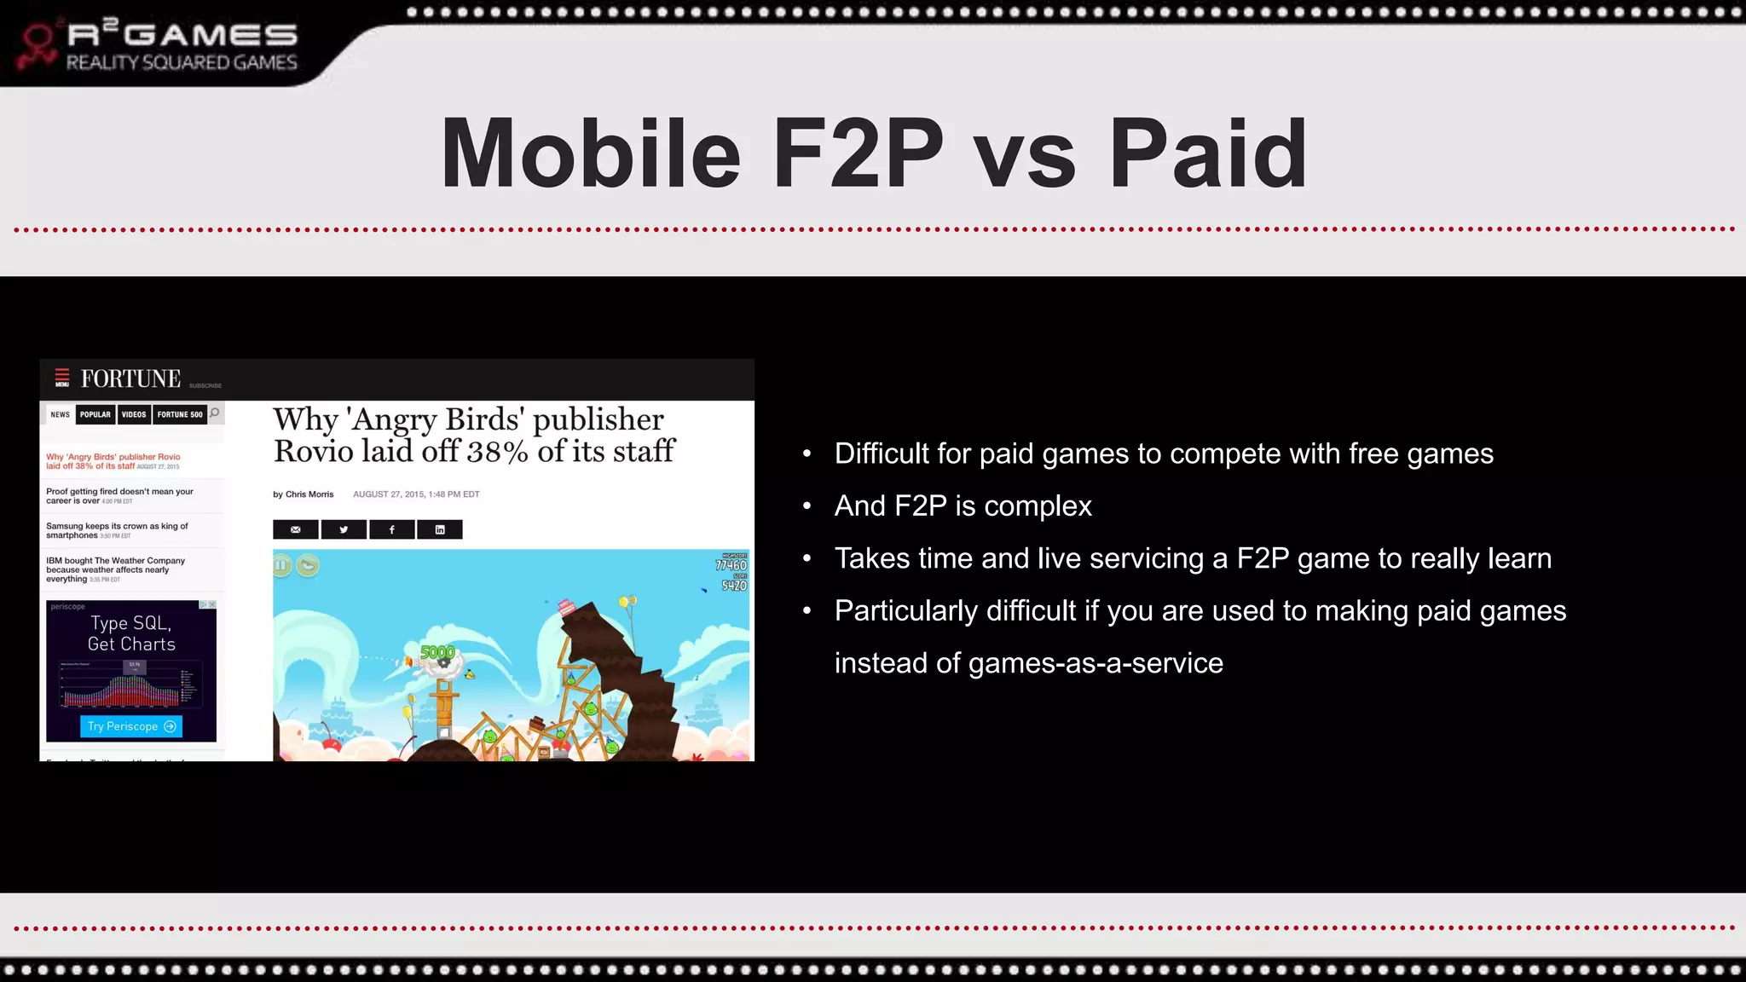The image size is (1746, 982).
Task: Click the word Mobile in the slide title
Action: coord(590,154)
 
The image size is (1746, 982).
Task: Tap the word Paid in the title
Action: coord(1208,154)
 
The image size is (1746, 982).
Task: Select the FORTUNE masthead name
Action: coord(130,378)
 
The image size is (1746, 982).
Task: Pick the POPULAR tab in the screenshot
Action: coord(95,414)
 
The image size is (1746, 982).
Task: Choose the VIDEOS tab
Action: coord(134,414)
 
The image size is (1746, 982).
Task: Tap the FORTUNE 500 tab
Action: coord(180,414)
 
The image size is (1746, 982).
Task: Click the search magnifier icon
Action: coord(215,413)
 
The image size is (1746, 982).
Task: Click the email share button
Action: coord(296,529)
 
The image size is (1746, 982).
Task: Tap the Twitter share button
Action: coord(344,529)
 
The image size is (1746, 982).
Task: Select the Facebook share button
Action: coord(391,529)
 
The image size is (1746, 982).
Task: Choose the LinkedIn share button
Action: coord(440,529)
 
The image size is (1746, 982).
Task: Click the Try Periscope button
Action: coord(131,726)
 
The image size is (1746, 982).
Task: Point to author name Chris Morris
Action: coord(309,494)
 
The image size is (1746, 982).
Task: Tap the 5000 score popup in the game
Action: coord(437,652)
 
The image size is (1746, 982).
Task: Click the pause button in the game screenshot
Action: coord(281,564)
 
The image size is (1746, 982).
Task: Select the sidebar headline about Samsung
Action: coord(117,530)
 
